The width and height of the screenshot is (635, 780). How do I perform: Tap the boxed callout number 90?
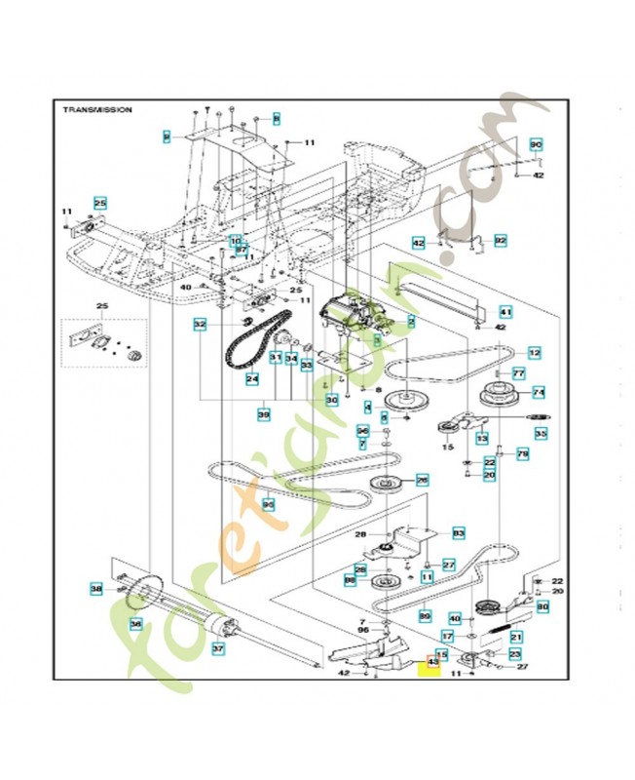[535, 144]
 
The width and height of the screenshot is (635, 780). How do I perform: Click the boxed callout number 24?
[251, 378]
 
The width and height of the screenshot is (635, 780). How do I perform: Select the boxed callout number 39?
[263, 415]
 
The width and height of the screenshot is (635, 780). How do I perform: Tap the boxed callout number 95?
[268, 505]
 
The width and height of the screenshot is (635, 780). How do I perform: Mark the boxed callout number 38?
[95, 589]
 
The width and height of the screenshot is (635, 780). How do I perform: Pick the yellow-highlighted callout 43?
[426, 668]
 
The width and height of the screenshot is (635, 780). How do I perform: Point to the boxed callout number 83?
[459, 533]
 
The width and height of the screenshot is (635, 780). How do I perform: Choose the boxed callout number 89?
[425, 616]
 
